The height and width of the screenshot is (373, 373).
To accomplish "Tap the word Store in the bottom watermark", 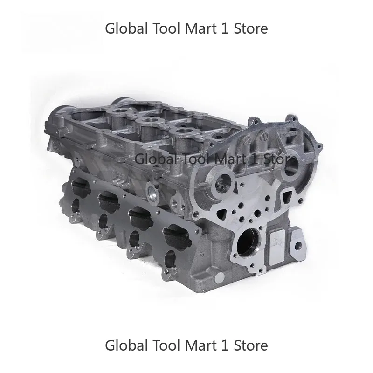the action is [x=251, y=345].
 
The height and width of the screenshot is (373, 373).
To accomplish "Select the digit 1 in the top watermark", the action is [x=226, y=28].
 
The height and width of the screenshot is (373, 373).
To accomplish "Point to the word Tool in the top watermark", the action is [x=166, y=28].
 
